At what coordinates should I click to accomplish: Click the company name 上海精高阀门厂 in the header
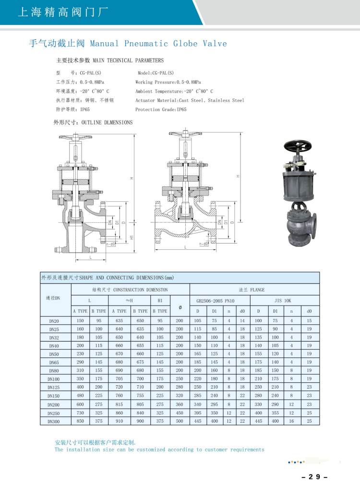(x=62, y=12)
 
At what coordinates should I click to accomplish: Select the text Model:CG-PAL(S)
(x=156, y=73)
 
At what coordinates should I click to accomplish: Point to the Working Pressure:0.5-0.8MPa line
(x=167, y=82)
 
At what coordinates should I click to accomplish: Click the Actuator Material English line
(x=190, y=100)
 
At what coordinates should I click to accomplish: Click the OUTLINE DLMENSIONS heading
(x=107, y=122)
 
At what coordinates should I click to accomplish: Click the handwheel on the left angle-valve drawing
(x=76, y=138)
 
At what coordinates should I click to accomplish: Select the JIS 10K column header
(x=284, y=301)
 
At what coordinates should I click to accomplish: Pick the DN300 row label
(x=53, y=421)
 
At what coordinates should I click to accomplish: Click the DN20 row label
(x=53, y=321)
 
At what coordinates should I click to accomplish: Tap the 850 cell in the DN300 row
(x=80, y=421)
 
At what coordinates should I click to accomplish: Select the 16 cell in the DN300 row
(x=291, y=421)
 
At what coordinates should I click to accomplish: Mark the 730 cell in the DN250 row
(x=80, y=413)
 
